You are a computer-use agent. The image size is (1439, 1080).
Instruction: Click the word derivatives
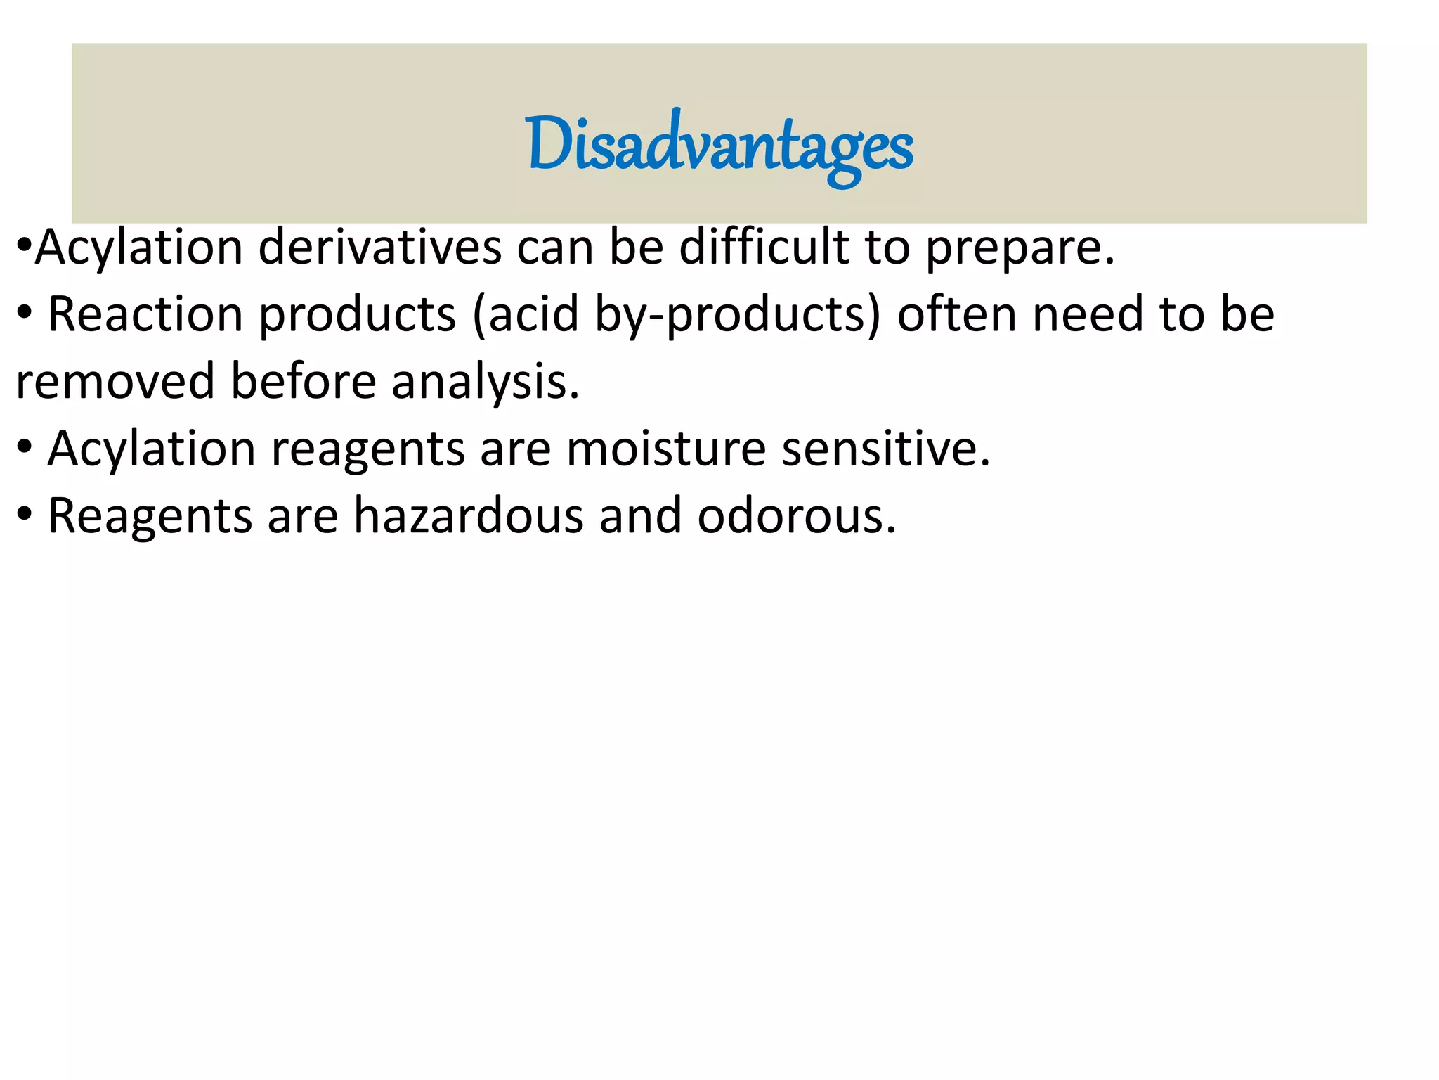point(380,247)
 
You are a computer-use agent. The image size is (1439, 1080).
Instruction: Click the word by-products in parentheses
point(737,315)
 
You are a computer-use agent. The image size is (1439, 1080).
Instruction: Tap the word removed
point(115,381)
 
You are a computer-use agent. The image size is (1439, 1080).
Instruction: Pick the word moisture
point(665,449)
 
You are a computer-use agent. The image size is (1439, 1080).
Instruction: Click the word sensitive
point(886,449)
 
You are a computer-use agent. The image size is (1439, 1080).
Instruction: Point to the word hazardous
point(468,515)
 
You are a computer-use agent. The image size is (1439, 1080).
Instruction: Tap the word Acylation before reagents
point(151,449)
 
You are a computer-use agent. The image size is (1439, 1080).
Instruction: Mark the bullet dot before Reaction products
point(24,314)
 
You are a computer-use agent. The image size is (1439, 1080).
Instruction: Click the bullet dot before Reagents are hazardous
point(24,515)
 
